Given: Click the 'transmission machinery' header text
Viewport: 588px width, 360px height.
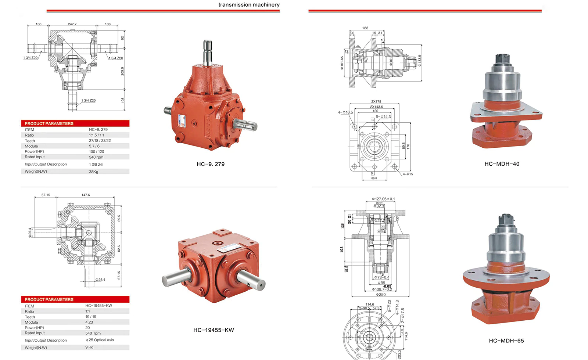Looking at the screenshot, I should pyautogui.click(x=249, y=5).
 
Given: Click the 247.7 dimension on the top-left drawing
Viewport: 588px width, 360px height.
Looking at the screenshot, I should pyautogui.click(x=72, y=24).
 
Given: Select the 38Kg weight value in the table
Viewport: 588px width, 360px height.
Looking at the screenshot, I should pyautogui.click(x=93, y=172).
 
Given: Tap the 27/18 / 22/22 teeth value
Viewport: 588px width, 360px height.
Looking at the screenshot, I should pyautogui.click(x=100, y=141).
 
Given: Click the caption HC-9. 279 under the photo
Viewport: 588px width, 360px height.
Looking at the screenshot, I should pyautogui.click(x=211, y=164).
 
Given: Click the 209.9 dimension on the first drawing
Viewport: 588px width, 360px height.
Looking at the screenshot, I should pyautogui.click(x=122, y=71).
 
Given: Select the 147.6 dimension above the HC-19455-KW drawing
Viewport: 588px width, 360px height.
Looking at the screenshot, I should pyautogui.click(x=86, y=195).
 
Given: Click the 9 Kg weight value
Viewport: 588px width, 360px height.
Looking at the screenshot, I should pyautogui.click(x=89, y=347).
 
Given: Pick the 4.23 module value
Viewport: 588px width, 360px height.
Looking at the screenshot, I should pyautogui.click(x=89, y=322).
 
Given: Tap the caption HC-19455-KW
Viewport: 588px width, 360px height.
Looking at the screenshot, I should pyautogui.click(x=214, y=330).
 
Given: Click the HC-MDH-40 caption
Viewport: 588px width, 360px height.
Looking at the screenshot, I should pyautogui.click(x=502, y=164).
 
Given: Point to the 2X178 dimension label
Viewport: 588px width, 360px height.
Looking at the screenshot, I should pyautogui.click(x=376, y=101).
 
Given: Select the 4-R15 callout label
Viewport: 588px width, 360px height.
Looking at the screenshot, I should pyautogui.click(x=408, y=174).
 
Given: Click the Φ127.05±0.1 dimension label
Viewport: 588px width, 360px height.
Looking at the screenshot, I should pyautogui.click(x=383, y=199).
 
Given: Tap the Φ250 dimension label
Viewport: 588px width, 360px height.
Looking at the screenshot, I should pyautogui.click(x=381, y=294).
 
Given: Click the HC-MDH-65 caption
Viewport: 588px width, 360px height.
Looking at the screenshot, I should pyautogui.click(x=506, y=341).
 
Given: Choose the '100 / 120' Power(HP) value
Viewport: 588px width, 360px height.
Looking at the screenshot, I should pyautogui.click(x=96, y=151).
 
